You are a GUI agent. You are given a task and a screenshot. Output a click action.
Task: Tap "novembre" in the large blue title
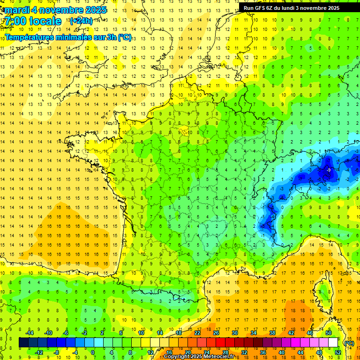pyautogui.click(x=61, y=10)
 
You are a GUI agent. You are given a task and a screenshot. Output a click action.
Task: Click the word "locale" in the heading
pyautogui.click(x=45, y=21)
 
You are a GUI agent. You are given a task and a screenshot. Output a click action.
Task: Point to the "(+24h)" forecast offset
pyautogui.click(x=81, y=21)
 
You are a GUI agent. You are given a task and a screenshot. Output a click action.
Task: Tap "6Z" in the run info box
pyautogui.click(x=273, y=8)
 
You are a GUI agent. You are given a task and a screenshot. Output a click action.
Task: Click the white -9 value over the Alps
pyautogui.click(x=329, y=170)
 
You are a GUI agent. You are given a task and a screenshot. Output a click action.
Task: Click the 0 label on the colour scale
pyautogui.click(x=93, y=352)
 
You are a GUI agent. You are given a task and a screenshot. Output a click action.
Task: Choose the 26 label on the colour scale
pyautogui.click(x=216, y=333)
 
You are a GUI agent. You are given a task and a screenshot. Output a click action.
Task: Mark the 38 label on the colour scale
pyautogui.click(x=272, y=333)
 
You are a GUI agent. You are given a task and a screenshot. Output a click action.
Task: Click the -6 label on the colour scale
pyautogui.click(x=66, y=333)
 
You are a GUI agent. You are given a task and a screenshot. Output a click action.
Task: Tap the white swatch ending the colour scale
pyautogui.click(x=333, y=343)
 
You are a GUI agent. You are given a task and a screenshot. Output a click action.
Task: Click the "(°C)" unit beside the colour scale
pyautogui.click(x=349, y=343)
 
